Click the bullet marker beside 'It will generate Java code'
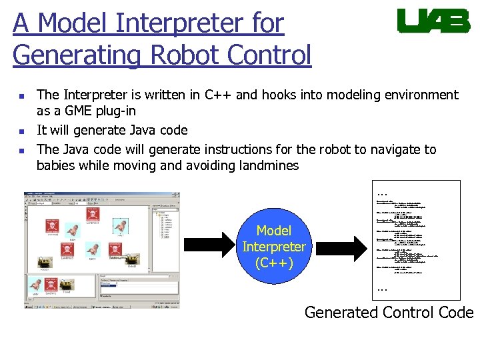pyautogui.click(x=22, y=131)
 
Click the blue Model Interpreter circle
pyautogui.click(x=273, y=247)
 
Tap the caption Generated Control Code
pyautogui.click(x=389, y=312)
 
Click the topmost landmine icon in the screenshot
pyautogui.click(x=93, y=214)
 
